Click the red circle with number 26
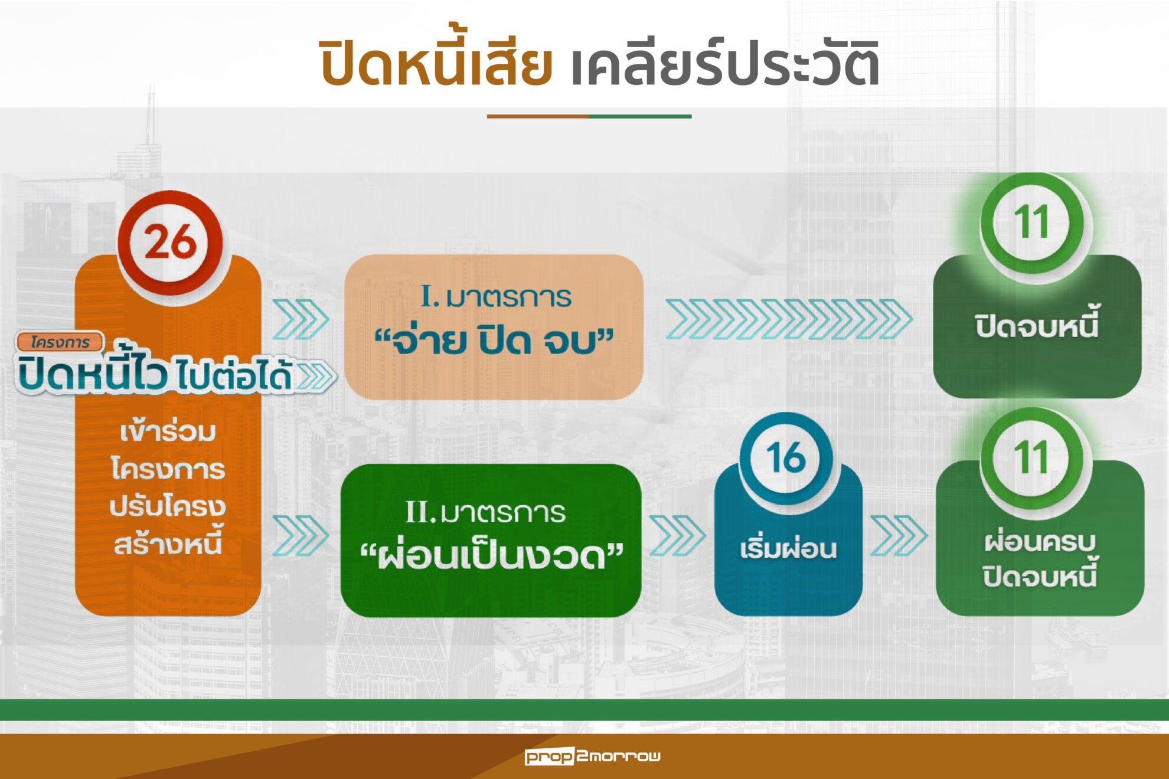tap(170, 243)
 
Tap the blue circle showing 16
tap(786, 459)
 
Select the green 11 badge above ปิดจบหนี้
tap(1032, 222)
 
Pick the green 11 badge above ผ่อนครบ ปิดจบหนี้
tap(1032, 457)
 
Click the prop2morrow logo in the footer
tap(592, 755)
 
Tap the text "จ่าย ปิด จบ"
tap(494, 341)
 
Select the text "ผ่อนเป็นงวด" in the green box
tap(491, 555)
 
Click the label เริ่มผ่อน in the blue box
tap(788, 548)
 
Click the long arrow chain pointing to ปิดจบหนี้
tap(789, 319)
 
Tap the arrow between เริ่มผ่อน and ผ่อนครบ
tap(899, 535)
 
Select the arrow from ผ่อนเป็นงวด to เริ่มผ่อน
tap(677, 535)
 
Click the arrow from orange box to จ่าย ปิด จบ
tap(301, 319)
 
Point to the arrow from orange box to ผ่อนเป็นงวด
tap(301, 535)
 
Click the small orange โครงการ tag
tap(60, 342)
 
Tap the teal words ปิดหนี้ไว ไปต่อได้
tap(155, 373)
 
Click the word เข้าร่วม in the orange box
tap(168, 431)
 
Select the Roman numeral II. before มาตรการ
tap(420, 512)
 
